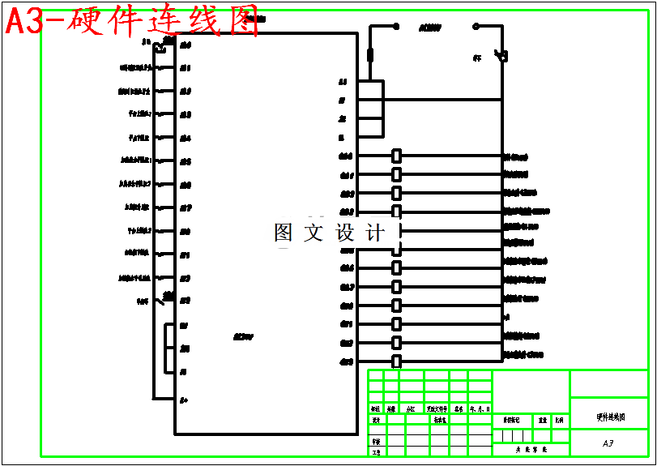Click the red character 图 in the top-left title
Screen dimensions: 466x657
[244, 22]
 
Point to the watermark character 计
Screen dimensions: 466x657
[375, 233]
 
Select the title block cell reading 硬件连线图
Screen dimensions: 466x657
[610, 417]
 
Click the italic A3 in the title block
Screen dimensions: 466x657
[608, 444]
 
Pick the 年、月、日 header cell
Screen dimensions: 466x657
[480, 409]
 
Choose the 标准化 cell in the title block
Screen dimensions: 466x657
[439, 420]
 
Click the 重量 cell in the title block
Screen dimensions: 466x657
[543, 421]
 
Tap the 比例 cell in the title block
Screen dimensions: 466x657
[559, 421]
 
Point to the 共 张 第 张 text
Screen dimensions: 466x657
[531, 448]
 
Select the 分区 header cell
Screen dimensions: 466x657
[412, 409]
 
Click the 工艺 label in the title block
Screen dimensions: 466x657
[376, 452]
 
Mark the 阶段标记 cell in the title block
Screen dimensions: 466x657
[511, 421]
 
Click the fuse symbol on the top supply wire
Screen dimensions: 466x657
[370, 55]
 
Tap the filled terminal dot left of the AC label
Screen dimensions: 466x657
[396, 26]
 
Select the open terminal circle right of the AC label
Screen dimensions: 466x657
[476, 26]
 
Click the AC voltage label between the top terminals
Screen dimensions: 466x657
[429, 27]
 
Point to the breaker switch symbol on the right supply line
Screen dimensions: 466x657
[502, 56]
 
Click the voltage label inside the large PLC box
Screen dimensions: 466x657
[243, 336]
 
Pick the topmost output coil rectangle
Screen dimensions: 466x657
[397, 156]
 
